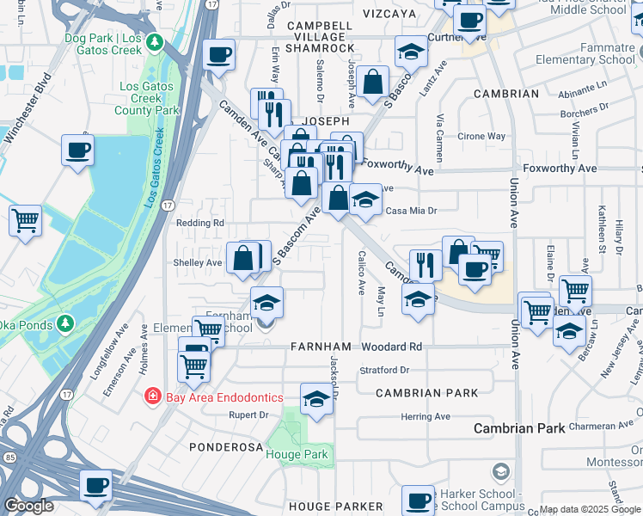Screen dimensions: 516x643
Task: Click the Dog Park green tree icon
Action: [x=155, y=41]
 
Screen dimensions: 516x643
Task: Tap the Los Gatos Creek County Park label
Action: [x=151, y=99]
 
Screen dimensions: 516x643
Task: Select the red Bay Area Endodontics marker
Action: [x=152, y=396]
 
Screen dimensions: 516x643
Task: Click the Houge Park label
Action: [x=297, y=453]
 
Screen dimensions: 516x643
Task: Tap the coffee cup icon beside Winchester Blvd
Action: [x=77, y=150]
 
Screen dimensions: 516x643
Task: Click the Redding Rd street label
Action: [x=199, y=223]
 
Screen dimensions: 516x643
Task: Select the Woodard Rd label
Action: [x=391, y=347]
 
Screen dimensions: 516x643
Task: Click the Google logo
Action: [x=28, y=506]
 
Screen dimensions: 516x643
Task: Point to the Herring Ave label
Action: [x=426, y=417]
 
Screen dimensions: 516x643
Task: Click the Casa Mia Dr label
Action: [x=412, y=210]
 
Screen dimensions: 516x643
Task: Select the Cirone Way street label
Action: [x=481, y=136]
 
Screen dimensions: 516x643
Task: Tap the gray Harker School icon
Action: [x=500, y=470]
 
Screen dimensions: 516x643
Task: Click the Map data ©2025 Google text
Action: [x=589, y=509]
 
